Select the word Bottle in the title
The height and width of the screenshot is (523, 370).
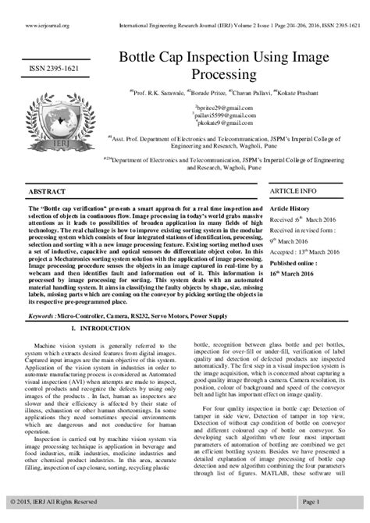click(x=137, y=59)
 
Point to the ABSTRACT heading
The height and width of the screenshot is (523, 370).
click(x=46, y=190)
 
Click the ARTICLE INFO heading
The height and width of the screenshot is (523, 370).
click(x=294, y=190)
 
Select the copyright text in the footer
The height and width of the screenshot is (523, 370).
click(x=55, y=500)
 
